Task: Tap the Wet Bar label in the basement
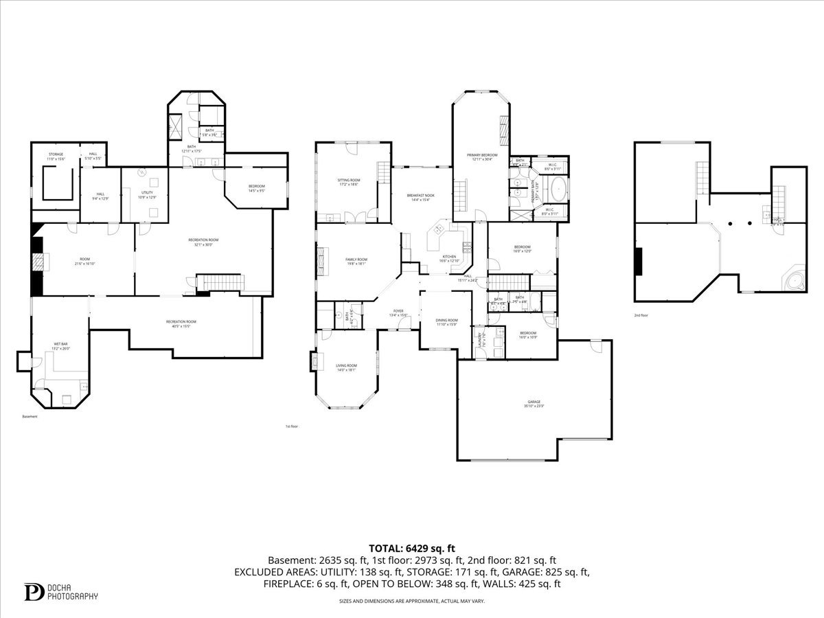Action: (60, 345)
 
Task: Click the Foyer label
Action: (398, 313)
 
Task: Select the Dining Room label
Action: (446, 322)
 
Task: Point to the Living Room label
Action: (346, 367)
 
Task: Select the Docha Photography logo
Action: (61, 592)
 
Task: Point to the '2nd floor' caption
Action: (641, 315)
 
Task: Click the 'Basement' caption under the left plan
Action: (30, 416)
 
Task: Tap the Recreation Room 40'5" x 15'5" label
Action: (181, 323)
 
